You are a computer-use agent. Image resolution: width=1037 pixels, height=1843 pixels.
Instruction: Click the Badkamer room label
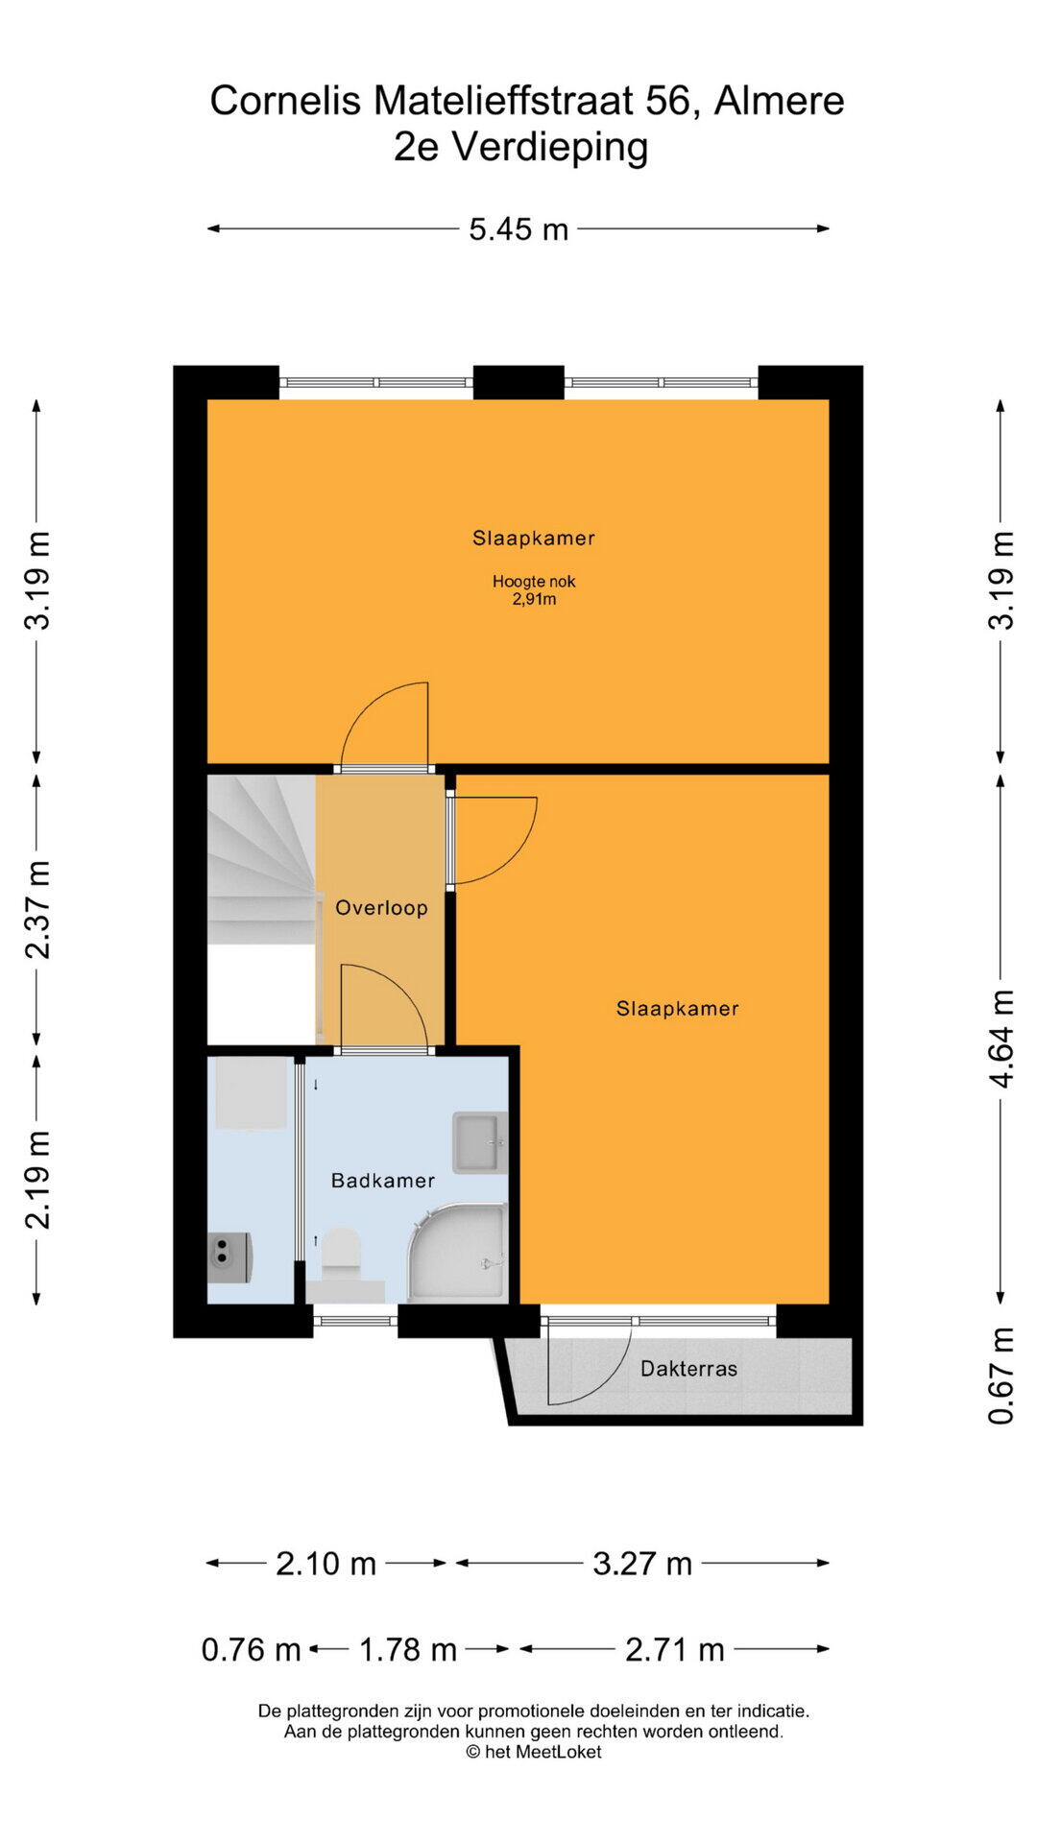click(x=382, y=1181)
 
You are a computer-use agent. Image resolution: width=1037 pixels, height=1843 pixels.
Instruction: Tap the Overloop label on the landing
click(x=381, y=908)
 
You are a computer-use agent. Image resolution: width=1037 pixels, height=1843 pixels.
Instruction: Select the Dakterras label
click(x=688, y=1369)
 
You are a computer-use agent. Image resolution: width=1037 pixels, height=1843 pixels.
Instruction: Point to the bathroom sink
click(x=479, y=1142)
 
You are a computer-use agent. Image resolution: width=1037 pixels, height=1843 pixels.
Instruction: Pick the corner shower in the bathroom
click(x=458, y=1252)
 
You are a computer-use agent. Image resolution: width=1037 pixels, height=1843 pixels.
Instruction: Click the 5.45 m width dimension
click(x=518, y=229)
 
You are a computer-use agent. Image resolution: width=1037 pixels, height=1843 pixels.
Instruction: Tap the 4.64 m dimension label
click(x=1001, y=1039)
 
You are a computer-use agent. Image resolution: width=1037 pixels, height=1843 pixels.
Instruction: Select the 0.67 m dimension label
click(x=1001, y=1376)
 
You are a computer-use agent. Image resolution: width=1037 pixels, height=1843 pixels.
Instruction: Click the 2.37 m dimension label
click(x=37, y=909)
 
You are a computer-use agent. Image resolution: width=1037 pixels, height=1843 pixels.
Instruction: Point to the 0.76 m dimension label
click(x=252, y=1650)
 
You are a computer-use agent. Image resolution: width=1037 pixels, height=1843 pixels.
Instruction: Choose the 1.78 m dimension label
click(x=408, y=1650)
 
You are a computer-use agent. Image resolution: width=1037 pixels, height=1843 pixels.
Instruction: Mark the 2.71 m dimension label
click(x=675, y=1650)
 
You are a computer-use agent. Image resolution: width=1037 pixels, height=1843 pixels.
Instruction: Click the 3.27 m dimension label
click(x=642, y=1564)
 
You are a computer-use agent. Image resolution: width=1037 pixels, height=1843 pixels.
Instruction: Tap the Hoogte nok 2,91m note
click(x=534, y=590)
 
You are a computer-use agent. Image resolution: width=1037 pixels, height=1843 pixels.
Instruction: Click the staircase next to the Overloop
click(x=262, y=860)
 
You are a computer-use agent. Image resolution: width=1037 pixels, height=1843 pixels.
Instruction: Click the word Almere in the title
click(x=779, y=101)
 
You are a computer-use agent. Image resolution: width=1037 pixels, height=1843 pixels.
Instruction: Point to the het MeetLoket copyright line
click(x=534, y=1752)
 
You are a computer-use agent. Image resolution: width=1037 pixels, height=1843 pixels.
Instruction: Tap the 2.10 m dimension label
click(x=326, y=1564)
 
